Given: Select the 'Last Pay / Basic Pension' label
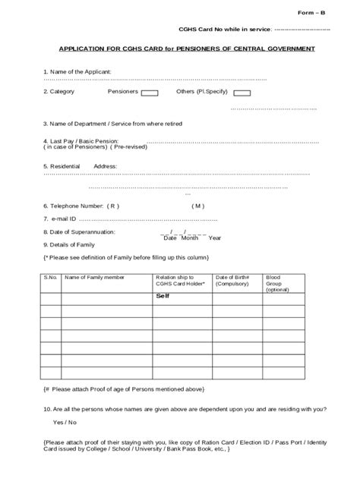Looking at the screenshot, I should pyautogui.click(x=81, y=141).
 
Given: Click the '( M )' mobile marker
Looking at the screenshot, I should pyautogui.click(x=197, y=206).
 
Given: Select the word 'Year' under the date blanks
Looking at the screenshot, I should pyautogui.click(x=215, y=238).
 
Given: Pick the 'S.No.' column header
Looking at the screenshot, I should pyautogui.click(x=51, y=278).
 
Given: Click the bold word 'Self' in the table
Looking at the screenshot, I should pyautogui.click(x=163, y=296).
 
